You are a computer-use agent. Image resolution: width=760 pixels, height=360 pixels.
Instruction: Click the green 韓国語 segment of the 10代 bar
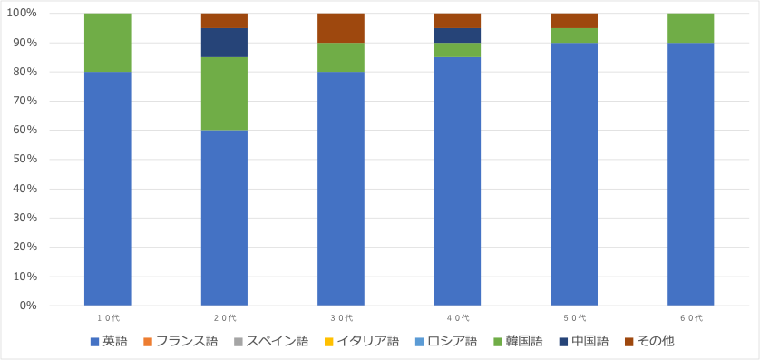pyautogui.click(x=107, y=43)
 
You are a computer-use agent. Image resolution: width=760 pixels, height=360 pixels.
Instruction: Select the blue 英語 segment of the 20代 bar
pyautogui.click(x=224, y=218)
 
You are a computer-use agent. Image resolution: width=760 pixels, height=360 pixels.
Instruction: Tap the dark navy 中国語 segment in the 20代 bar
pyautogui.click(x=224, y=43)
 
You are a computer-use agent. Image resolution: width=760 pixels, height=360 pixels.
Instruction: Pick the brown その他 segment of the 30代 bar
pyautogui.click(x=341, y=28)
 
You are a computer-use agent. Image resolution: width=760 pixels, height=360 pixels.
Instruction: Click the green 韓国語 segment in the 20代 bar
pyautogui.click(x=224, y=93)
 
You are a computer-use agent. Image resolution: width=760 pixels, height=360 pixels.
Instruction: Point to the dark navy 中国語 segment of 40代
pyautogui.click(x=457, y=35)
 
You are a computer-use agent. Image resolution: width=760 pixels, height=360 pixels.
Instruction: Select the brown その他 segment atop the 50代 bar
pyautogui.click(x=574, y=21)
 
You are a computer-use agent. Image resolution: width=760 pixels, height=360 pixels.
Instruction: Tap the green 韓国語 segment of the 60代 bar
pyautogui.click(x=690, y=28)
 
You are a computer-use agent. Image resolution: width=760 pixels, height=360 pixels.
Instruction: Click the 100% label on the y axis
pyautogui.click(x=45, y=14)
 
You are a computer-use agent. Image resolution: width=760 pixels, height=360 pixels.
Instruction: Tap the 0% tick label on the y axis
pyautogui.click(x=52, y=306)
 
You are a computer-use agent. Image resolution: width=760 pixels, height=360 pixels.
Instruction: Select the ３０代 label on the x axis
pyautogui.click(x=341, y=318)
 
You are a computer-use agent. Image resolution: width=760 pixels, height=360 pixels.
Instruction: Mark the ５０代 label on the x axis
pyautogui.click(x=574, y=318)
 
